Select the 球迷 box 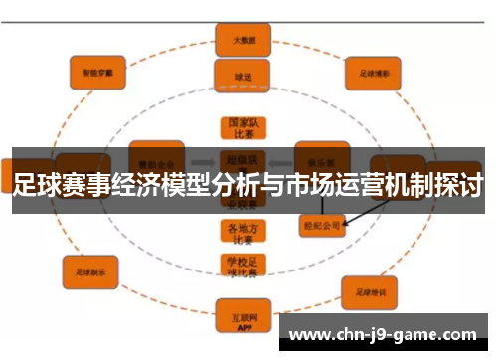(x=236, y=76)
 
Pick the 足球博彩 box (x=374, y=73)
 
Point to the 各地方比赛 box (x=236, y=232)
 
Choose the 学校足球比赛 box (x=236, y=267)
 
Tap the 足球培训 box (x=370, y=292)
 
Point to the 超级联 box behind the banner (x=236, y=159)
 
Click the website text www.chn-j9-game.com (x=387, y=334)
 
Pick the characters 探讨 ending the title (x=460, y=184)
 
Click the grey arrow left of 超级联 (x=205, y=159)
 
